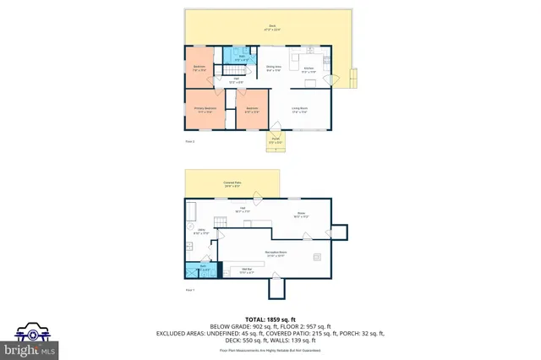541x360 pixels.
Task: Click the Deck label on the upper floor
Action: point(272,27)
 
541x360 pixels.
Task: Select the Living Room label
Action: point(299,110)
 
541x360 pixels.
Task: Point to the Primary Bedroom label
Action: point(205,110)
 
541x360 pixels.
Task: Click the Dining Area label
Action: point(273,68)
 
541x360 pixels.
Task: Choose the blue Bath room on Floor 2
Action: point(239,57)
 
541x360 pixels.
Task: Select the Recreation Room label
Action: point(277,252)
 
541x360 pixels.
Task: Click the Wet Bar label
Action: point(247,272)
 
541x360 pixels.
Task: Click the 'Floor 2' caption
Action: point(189,142)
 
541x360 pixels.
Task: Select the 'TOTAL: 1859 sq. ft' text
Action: point(270,319)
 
